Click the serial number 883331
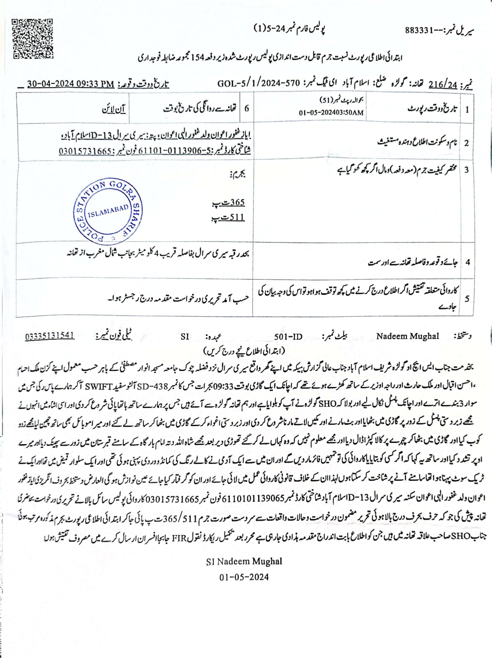(x=421, y=30)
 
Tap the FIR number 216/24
(x=442, y=84)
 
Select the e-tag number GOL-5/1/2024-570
(x=258, y=83)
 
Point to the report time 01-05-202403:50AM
(x=331, y=113)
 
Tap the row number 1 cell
(x=467, y=109)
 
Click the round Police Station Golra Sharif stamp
(x=107, y=212)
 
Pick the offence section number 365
(x=237, y=202)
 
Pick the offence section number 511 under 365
(x=237, y=217)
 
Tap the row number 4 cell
(x=467, y=263)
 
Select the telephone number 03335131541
(x=50, y=336)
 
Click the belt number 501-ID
(x=288, y=337)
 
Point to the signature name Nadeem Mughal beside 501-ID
(x=407, y=336)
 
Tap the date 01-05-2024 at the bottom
(x=244, y=577)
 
